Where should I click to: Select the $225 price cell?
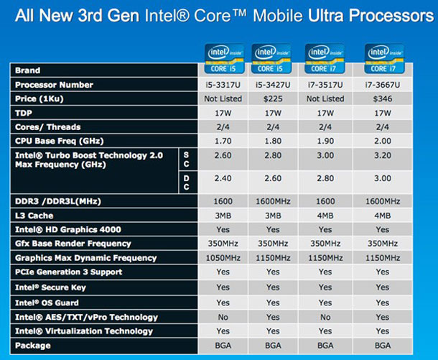273,98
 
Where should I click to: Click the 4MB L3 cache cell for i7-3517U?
327,216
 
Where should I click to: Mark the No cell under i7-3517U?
327,318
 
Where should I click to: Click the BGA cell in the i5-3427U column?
273,346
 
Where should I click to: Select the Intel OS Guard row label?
47,303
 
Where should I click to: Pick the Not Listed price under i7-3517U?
327,98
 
